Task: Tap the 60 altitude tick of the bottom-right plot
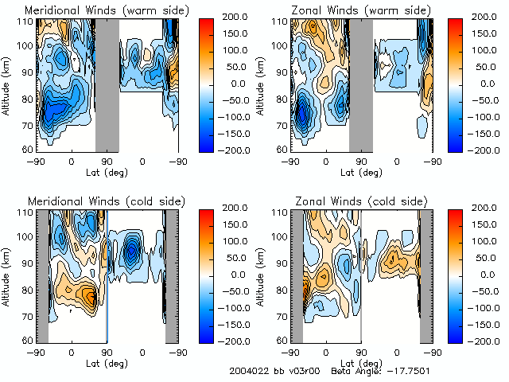pyautogui.click(x=280, y=340)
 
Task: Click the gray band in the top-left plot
pyautogui.click(x=107, y=84)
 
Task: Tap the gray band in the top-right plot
pyautogui.click(x=360, y=84)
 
